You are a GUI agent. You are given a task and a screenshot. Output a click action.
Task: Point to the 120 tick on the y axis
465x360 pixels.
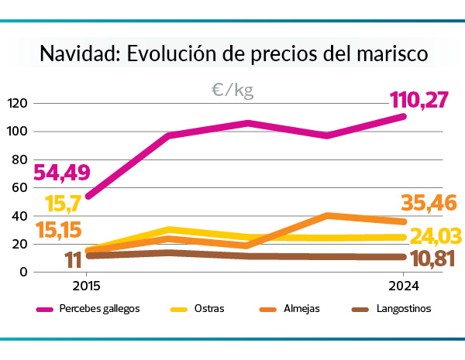(17, 103)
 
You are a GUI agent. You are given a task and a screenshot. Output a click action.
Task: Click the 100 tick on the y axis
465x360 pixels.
(17, 132)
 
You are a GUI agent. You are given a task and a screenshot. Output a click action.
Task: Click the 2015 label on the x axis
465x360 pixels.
(86, 286)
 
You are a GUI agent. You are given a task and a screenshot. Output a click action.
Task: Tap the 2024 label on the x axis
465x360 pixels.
(402, 286)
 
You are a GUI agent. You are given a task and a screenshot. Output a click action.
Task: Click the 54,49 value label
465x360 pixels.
(61, 172)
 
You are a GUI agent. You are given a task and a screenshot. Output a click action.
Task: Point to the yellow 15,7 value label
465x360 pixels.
(65, 204)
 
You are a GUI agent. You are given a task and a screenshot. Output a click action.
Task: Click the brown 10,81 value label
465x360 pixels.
(432, 259)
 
